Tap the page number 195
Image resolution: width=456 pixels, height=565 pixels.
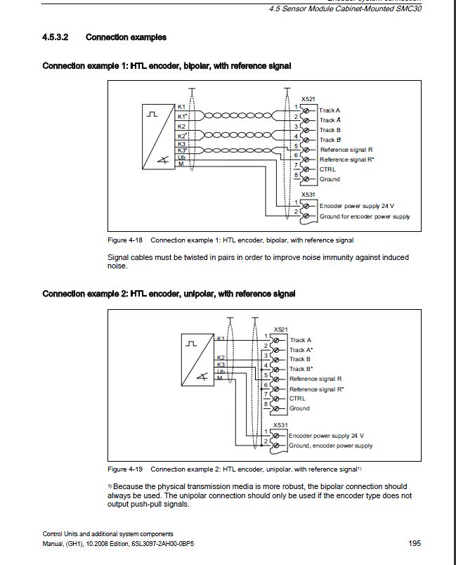pyautogui.click(x=414, y=543)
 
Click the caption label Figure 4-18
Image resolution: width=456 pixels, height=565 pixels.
pyautogui.click(x=126, y=240)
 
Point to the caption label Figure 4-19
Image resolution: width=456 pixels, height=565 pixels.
pyautogui.click(x=126, y=469)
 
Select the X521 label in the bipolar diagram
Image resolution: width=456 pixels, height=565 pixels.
pyautogui.click(x=308, y=100)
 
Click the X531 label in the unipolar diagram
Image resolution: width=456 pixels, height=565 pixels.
pyautogui.click(x=280, y=425)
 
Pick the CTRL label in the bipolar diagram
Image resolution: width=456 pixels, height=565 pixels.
pyautogui.click(x=327, y=169)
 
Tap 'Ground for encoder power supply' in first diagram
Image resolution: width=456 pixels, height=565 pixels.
pyautogui.click(x=365, y=216)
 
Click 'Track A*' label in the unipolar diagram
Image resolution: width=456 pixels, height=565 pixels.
pyautogui.click(x=301, y=350)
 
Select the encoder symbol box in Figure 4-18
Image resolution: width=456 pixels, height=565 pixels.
pyautogui.click(x=158, y=138)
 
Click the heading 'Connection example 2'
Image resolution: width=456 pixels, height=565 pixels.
pyautogui.click(x=169, y=294)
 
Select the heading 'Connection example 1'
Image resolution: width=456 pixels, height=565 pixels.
pyautogui.click(x=167, y=66)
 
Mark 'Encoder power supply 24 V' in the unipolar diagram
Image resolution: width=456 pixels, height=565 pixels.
pyautogui.click(x=326, y=436)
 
